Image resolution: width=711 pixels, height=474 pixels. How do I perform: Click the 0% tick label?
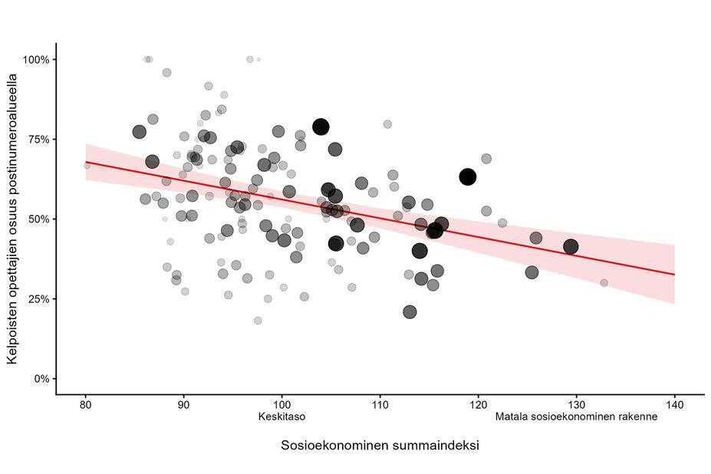41,379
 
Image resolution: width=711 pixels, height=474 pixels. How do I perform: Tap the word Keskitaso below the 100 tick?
281,418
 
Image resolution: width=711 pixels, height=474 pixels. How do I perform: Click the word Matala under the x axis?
510,418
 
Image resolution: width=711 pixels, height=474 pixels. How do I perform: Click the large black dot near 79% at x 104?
321,127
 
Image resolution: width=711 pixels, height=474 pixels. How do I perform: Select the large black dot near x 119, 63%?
468,177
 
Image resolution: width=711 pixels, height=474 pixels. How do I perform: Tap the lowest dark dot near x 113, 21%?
410,312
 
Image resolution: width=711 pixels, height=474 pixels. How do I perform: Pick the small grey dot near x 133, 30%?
604,283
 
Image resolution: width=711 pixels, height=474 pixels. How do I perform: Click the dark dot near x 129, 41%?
571,247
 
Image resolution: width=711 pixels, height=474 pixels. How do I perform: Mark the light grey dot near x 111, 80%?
387,124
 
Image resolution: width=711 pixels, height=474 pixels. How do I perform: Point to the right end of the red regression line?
674,275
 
